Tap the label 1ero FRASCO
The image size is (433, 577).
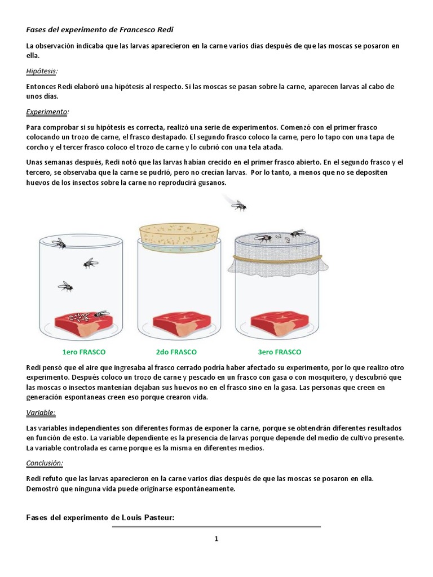[83, 352]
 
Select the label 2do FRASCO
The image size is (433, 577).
[176, 352]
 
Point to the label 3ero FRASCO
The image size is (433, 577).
[280, 352]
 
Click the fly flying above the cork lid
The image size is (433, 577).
[238, 205]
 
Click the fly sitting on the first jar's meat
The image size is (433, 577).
[100, 314]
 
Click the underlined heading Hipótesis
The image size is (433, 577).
[42, 71]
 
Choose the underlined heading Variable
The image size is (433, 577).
[41, 413]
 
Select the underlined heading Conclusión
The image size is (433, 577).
[45, 463]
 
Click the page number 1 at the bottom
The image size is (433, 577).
[216, 539]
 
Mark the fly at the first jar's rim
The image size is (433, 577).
[59, 243]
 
